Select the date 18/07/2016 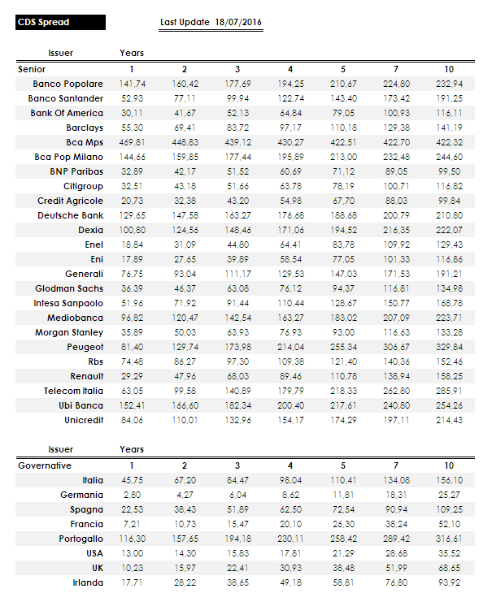click(x=239, y=23)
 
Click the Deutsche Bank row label click(x=71, y=215)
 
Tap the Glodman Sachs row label click(x=69, y=288)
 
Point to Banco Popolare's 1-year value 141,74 click(x=133, y=84)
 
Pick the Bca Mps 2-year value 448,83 click(x=185, y=142)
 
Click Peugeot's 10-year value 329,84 click(x=449, y=347)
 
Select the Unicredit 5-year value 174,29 click(x=343, y=420)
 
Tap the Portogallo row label click(x=81, y=539)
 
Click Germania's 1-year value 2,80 click(x=133, y=495)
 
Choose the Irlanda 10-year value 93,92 click(x=449, y=582)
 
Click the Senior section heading click(x=33, y=69)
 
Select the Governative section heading click(x=45, y=465)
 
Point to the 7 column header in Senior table click(x=396, y=69)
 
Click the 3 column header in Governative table click(x=237, y=465)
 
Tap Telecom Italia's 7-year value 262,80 click(x=396, y=391)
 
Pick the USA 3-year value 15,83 click(x=237, y=553)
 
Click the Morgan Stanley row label click(x=69, y=332)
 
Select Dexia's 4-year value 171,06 click(x=290, y=230)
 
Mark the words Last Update click(x=185, y=23)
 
